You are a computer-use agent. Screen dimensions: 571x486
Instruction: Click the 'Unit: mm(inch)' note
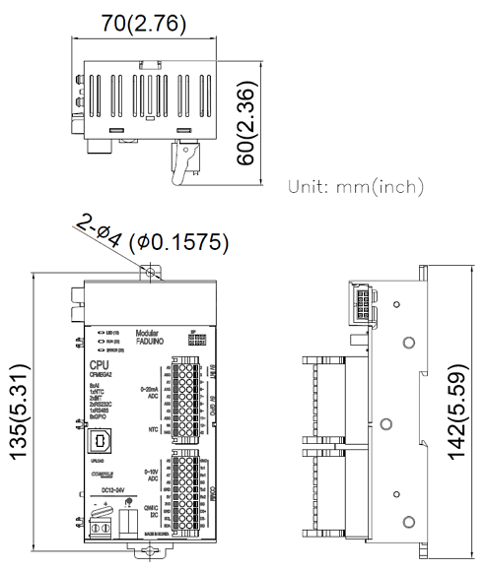(x=355, y=186)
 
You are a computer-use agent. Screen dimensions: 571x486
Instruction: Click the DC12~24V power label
(x=98, y=490)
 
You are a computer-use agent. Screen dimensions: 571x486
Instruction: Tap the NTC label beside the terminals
(x=152, y=429)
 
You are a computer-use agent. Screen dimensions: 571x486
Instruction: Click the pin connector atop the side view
(x=363, y=301)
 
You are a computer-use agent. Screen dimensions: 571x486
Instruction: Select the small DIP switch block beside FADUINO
(x=194, y=337)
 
